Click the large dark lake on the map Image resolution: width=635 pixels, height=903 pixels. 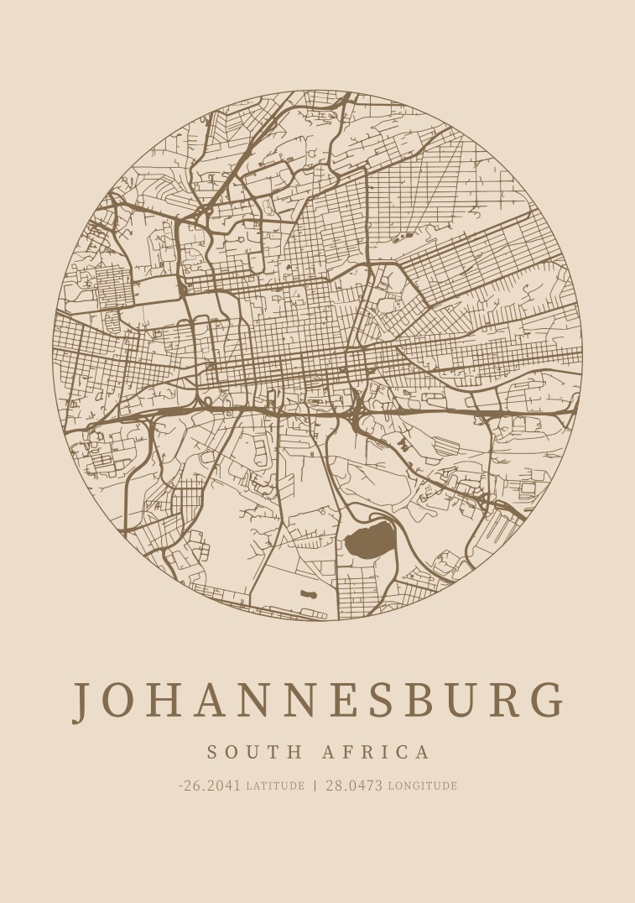pyautogui.click(x=369, y=542)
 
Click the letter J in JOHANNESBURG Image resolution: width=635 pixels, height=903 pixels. pyautogui.click(x=81, y=702)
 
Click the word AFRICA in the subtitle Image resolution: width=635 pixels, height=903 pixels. pyautogui.click(x=376, y=752)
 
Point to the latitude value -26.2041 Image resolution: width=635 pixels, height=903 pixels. pyautogui.click(x=210, y=786)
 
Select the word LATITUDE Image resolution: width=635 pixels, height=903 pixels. pyautogui.click(x=275, y=786)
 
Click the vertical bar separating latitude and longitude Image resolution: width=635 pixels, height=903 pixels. pyautogui.click(x=315, y=786)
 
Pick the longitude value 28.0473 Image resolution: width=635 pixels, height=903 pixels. pyautogui.click(x=354, y=786)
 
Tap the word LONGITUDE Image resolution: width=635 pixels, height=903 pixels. pyautogui.click(x=423, y=786)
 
